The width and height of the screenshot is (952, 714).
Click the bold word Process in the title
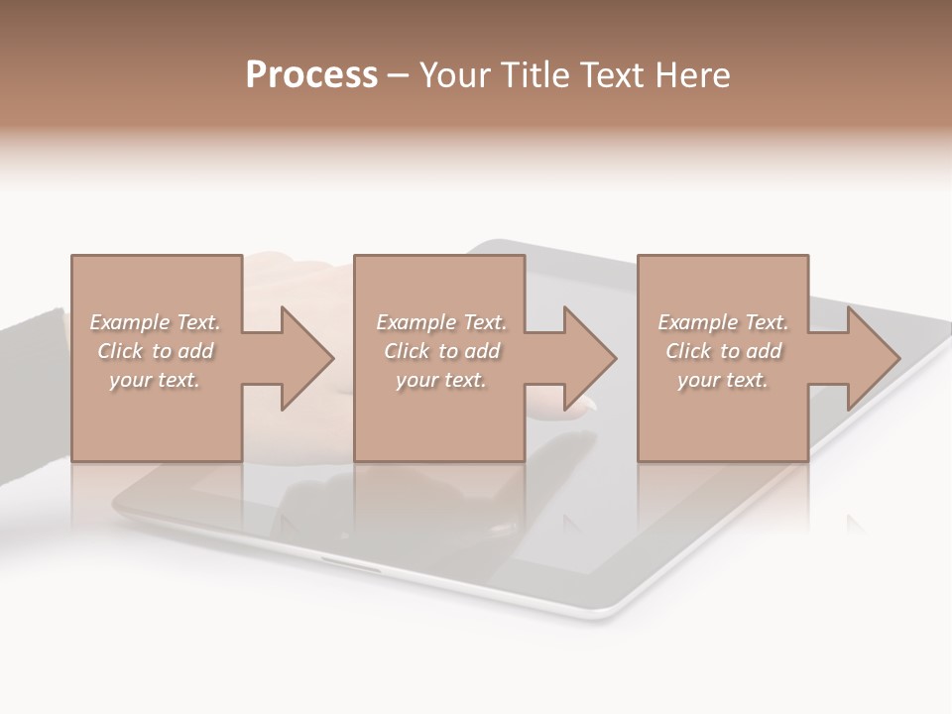click(311, 75)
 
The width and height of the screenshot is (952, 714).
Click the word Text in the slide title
click(615, 75)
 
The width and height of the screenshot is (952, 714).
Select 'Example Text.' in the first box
click(155, 322)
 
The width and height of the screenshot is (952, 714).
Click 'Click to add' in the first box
click(155, 351)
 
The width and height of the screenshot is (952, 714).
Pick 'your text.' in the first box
click(155, 380)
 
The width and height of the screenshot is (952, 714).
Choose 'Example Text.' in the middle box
click(440, 322)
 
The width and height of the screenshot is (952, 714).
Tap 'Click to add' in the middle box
click(440, 351)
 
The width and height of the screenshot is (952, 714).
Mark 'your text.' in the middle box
click(440, 380)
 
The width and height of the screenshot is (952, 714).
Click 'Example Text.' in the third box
click(723, 322)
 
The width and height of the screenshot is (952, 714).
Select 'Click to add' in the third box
click(723, 351)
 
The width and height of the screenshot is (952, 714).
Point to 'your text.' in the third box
click(723, 380)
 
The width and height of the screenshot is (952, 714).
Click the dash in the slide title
click(398, 76)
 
